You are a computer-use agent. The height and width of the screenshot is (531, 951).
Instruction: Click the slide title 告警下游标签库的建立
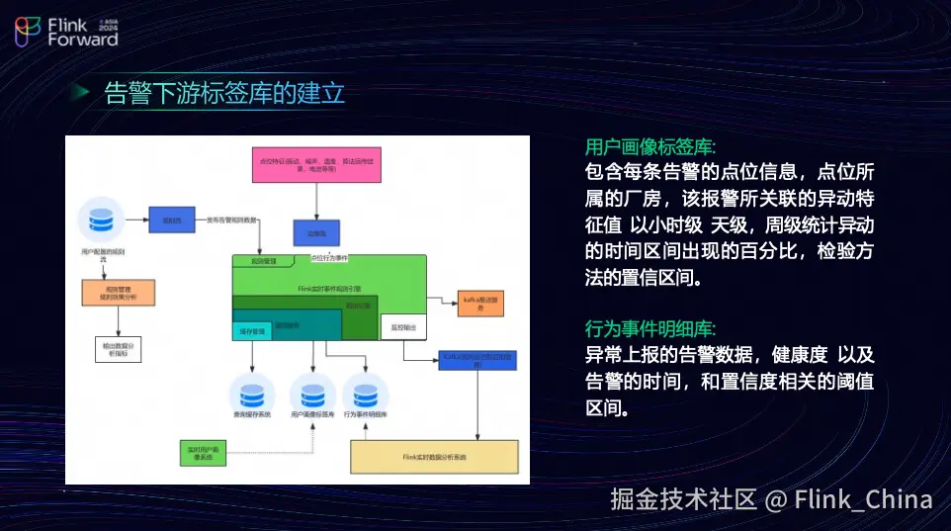[224, 94]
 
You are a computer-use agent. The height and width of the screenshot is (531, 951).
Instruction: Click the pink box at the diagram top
[315, 163]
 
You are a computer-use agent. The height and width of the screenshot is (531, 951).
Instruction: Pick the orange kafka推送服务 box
[481, 303]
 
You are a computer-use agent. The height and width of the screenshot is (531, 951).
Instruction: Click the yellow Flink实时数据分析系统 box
[434, 457]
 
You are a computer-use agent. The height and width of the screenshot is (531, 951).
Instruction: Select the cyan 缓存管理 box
[253, 331]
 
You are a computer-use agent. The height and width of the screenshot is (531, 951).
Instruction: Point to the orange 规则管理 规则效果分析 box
[118, 292]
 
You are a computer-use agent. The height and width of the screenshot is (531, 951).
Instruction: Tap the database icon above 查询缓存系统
[251, 392]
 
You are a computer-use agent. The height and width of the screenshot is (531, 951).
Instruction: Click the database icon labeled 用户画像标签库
[312, 392]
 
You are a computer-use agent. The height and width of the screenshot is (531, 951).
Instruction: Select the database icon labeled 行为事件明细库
[366, 392]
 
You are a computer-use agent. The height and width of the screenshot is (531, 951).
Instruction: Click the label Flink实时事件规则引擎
[329, 288]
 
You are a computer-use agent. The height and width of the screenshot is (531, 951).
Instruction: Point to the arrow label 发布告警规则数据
[232, 221]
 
